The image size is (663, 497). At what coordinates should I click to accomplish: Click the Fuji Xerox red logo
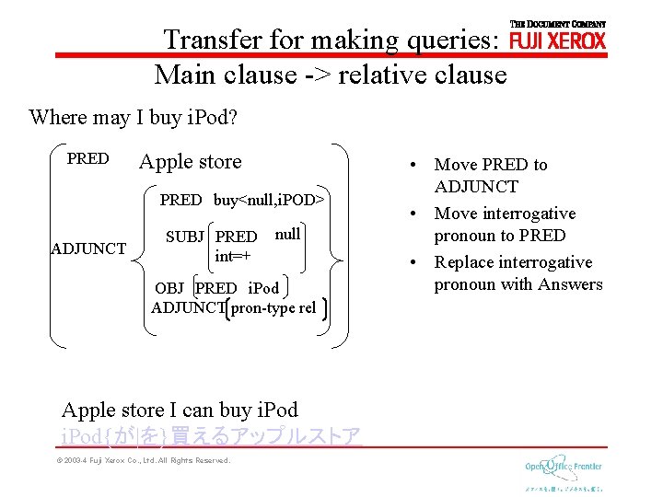[x=557, y=40]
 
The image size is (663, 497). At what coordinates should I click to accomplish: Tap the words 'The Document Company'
[x=557, y=23]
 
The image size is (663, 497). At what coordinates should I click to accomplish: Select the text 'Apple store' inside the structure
[x=190, y=162]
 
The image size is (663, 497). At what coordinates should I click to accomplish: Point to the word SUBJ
[x=185, y=237]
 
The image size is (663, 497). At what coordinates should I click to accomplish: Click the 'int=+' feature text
[x=232, y=255]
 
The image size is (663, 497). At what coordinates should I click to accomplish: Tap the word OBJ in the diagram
[x=169, y=288]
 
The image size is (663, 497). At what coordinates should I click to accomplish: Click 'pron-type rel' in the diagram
[x=273, y=307]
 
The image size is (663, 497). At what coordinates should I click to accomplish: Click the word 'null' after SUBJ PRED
[x=287, y=235]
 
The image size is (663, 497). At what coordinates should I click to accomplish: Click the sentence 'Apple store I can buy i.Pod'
[x=180, y=410]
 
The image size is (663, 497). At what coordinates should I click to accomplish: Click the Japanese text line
[x=210, y=434]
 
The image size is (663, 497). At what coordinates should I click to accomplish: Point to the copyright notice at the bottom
[x=143, y=460]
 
